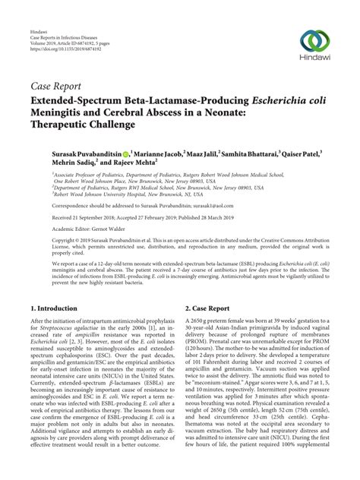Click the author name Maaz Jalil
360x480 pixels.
(202, 153)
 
